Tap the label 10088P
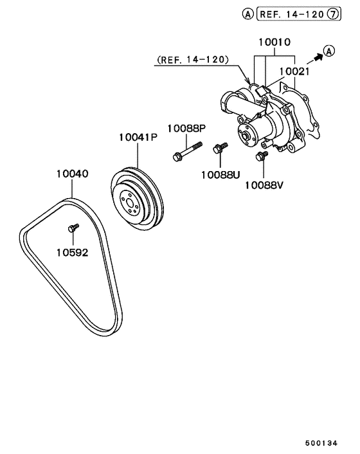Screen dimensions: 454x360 186,128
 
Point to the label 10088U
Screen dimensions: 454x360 220,174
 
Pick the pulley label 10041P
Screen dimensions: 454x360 138,137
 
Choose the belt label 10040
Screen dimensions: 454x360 71,174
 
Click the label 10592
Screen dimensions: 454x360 71,252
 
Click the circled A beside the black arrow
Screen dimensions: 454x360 328,51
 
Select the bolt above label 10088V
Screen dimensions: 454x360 262,157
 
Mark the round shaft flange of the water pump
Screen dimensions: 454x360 244,136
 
